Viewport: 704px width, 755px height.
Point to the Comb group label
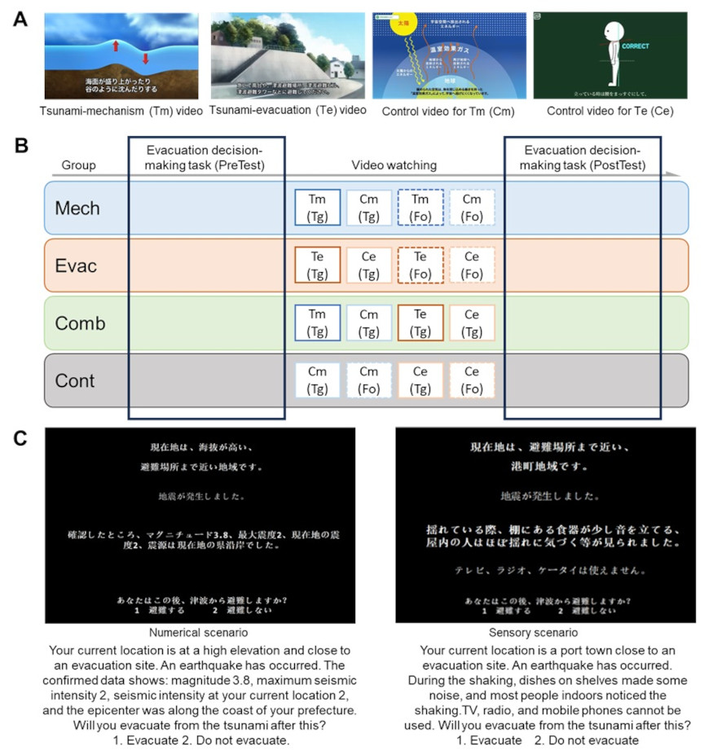(80, 323)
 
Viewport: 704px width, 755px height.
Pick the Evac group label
(76, 264)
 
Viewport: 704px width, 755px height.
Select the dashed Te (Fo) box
(420, 264)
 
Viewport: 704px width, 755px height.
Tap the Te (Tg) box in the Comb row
(420, 323)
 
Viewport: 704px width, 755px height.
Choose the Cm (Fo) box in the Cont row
(368, 380)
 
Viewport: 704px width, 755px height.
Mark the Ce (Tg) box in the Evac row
(368, 264)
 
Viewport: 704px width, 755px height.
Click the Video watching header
(394, 165)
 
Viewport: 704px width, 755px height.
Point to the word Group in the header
(79, 165)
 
